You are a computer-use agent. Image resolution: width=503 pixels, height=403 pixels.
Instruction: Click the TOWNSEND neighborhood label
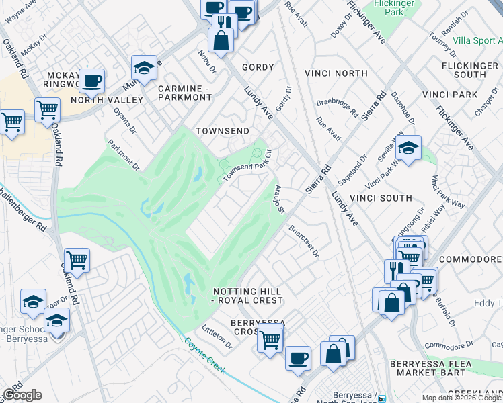[222, 131]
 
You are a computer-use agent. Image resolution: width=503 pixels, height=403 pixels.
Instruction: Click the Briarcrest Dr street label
[303, 240]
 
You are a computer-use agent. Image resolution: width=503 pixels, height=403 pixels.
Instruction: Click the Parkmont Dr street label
[124, 154]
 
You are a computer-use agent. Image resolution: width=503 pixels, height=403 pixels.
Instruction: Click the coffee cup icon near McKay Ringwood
[92, 81]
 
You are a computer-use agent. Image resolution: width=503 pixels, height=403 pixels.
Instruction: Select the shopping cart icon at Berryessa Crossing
[270, 340]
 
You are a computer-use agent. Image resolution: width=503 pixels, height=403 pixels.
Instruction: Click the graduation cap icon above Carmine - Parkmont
[144, 68]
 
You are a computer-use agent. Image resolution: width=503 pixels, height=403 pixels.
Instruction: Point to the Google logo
[22, 395]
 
